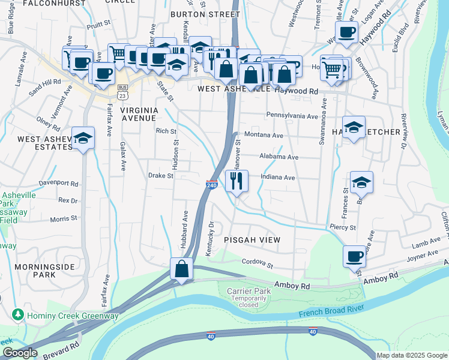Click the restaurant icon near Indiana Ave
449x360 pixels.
(x=237, y=181)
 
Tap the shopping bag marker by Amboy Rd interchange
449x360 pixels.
(x=181, y=269)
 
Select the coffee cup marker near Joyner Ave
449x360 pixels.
(x=354, y=256)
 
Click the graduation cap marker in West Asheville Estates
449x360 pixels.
(x=83, y=137)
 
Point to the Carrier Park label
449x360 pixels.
(x=247, y=291)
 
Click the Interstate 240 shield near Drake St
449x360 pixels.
(x=211, y=185)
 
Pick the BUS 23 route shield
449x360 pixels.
(x=122, y=94)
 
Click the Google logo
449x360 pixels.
(x=20, y=353)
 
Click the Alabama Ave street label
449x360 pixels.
(x=279, y=157)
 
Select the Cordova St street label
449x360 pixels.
(x=258, y=263)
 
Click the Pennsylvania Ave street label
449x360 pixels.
(x=292, y=115)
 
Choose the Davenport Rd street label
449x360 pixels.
(x=58, y=182)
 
